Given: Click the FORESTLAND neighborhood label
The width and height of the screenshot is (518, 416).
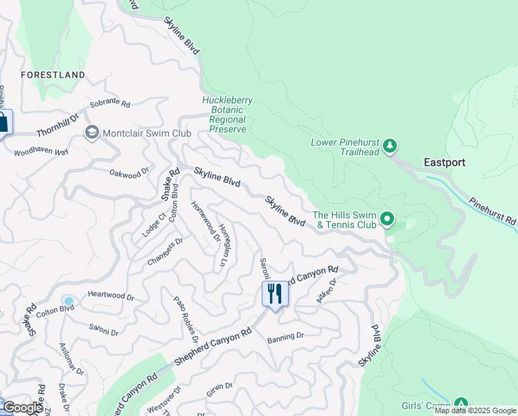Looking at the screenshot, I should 53,74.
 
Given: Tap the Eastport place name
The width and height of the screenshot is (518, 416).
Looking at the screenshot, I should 444,162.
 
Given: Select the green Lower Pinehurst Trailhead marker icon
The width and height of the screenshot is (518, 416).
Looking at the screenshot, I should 391,146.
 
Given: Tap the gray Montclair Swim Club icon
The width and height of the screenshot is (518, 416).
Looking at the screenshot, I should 91,132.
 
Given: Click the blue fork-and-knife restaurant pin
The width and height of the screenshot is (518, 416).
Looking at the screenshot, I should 275,294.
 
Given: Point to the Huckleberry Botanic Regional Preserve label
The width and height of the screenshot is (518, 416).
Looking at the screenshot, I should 227,115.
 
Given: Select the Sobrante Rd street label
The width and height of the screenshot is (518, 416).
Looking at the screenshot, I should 109,104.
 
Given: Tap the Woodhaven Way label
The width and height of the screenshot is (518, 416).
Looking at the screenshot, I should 42,151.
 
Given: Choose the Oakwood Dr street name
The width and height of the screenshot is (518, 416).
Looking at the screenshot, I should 129,171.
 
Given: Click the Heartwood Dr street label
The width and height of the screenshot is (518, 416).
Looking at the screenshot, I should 111,295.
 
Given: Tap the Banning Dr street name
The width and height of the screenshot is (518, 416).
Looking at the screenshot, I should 285,336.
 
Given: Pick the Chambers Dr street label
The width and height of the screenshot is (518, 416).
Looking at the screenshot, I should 165,252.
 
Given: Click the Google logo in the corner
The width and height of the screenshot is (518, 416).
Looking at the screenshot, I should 23,408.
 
